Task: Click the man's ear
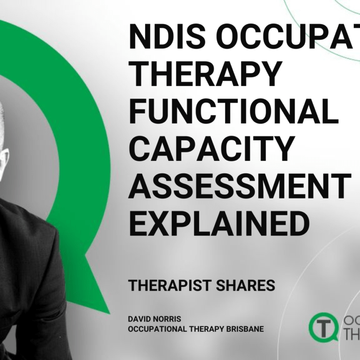[x=4, y=157]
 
